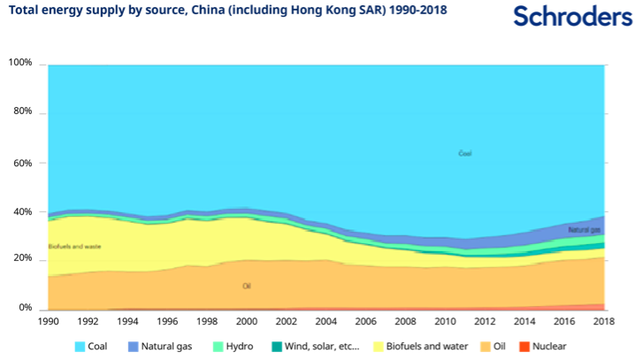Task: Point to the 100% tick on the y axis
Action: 20,64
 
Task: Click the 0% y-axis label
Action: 25,308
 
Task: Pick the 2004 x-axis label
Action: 326,322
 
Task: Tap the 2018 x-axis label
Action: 603,322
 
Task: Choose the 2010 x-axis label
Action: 445,322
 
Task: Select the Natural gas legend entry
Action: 159,347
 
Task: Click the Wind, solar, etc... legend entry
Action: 313,347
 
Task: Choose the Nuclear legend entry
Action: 540,347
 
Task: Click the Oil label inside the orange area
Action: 247,287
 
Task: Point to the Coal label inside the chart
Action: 464,153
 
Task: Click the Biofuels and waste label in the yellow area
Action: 73,246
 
